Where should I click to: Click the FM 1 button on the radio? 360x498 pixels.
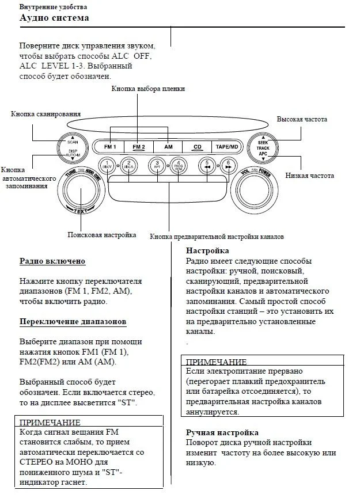110,147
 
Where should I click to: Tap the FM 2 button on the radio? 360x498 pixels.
139,147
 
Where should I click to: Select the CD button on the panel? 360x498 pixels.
198,147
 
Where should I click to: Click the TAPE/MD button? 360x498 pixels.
227,147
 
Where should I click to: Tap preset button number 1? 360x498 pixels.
107,165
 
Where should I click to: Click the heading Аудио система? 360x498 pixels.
54,18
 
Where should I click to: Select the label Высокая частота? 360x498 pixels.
302,119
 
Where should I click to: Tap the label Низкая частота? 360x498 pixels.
306,174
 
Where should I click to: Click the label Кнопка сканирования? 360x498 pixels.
46,113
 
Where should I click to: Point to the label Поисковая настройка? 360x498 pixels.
101,235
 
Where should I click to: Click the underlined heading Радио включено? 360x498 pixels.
52,261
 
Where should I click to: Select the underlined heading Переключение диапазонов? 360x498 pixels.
73,321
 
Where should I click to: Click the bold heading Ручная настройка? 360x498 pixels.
222,432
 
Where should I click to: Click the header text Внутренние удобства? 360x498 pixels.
53,6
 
